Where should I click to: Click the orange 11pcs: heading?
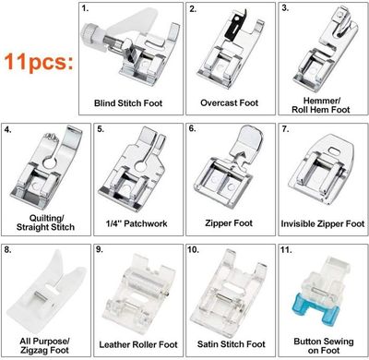point(39,62)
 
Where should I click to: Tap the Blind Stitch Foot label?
point(128,103)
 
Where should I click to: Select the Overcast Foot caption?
point(230,102)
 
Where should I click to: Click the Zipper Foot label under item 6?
point(229,223)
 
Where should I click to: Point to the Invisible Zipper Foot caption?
point(323,223)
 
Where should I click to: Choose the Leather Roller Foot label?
point(138,344)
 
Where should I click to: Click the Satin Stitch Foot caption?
point(231,344)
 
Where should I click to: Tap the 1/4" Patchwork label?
point(137,223)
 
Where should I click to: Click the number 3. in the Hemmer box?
point(285,8)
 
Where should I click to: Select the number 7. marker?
point(285,129)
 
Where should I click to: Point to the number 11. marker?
point(286,249)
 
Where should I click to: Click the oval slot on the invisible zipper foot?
point(333,150)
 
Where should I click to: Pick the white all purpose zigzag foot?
point(46,293)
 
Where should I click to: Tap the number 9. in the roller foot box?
point(100,249)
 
